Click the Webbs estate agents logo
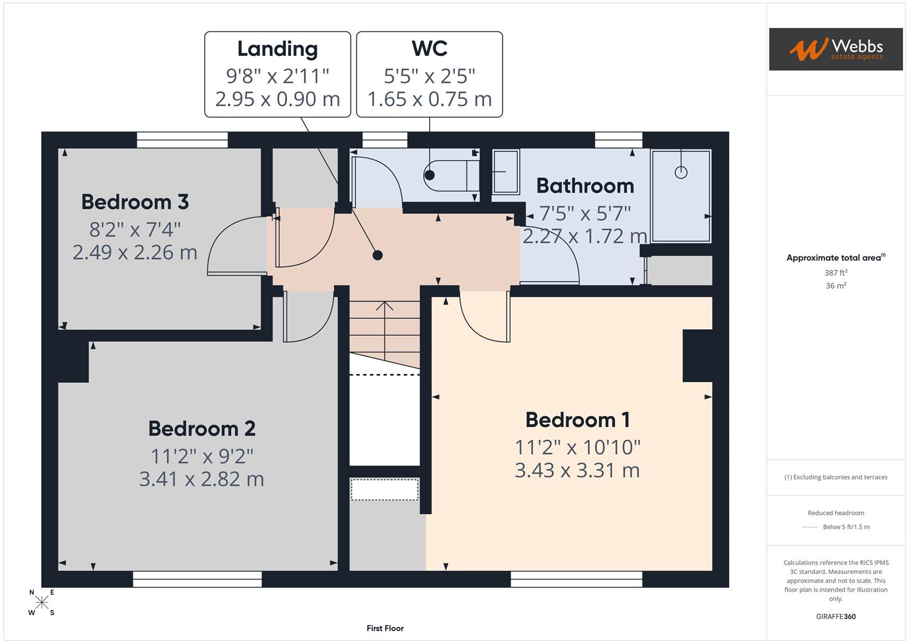pos(835,49)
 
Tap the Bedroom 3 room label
pos(135,202)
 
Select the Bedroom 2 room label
pos(202,429)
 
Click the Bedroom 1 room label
pos(577,420)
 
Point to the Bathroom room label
pos(585,186)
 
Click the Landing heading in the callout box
pos(277,49)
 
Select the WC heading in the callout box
pos(429,49)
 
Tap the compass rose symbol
pos(42,603)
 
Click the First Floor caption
pos(385,628)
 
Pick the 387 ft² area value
pos(836,273)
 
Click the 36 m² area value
pos(836,286)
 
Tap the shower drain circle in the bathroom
pos(681,172)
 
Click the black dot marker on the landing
pos(377,255)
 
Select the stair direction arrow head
pos(385,306)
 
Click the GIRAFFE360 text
pos(836,616)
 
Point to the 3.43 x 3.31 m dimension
pos(577,470)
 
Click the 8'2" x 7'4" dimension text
pos(135,229)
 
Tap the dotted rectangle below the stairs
pos(385,489)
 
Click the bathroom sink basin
pos(505,172)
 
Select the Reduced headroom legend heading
pos(836,513)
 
